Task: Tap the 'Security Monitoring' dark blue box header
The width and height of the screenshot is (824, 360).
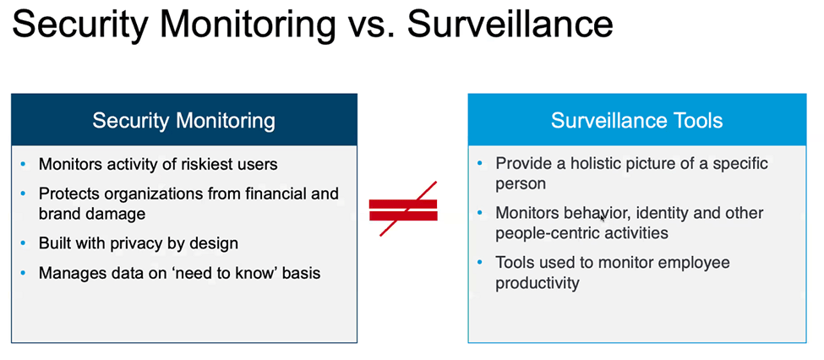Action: [184, 120]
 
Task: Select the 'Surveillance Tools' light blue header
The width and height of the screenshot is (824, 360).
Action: [637, 120]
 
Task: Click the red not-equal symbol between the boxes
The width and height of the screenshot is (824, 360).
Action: [404, 210]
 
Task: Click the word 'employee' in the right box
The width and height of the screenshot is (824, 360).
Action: [697, 262]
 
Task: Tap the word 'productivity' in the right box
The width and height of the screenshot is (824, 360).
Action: [537, 283]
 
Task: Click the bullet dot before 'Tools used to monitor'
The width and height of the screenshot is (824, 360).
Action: [479, 262]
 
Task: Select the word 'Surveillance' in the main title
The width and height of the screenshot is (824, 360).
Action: [510, 25]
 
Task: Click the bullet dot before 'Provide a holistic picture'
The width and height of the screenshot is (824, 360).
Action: [479, 163]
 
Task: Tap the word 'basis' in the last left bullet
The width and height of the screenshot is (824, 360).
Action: [301, 273]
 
